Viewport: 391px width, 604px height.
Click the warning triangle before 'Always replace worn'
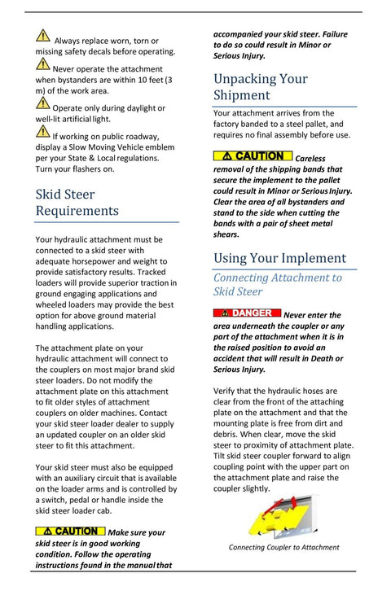(x=42, y=34)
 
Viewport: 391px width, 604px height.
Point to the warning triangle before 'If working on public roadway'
(x=42, y=130)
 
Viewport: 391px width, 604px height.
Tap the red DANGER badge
(x=247, y=313)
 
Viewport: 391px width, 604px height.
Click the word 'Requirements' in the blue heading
(x=77, y=211)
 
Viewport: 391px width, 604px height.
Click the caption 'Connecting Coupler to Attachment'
(x=283, y=547)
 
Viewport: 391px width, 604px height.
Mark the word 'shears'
(x=226, y=234)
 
